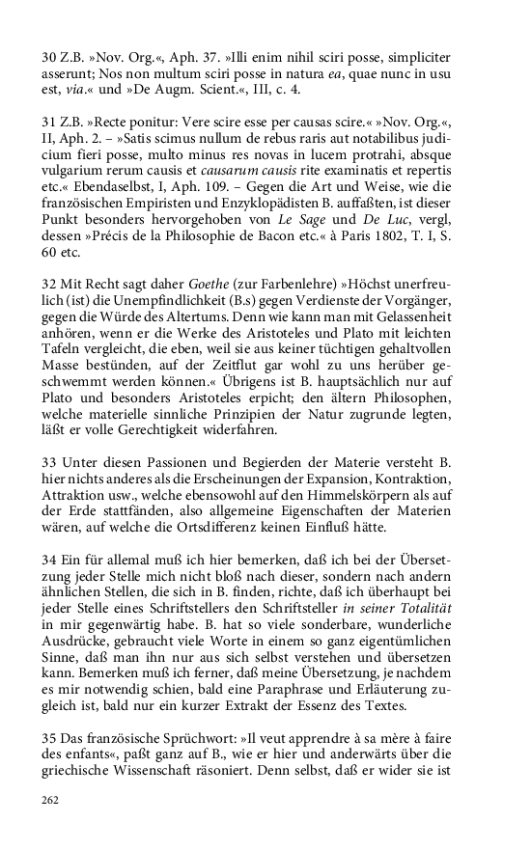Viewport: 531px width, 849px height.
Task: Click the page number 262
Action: click(x=51, y=800)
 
